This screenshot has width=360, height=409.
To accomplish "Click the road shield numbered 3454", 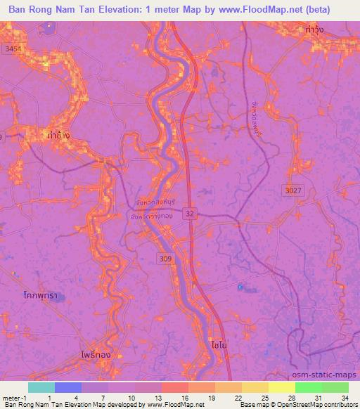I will click(11, 48).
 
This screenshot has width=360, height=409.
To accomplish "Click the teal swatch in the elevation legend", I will click(41, 387).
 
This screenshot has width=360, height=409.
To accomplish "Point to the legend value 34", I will click(345, 397).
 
